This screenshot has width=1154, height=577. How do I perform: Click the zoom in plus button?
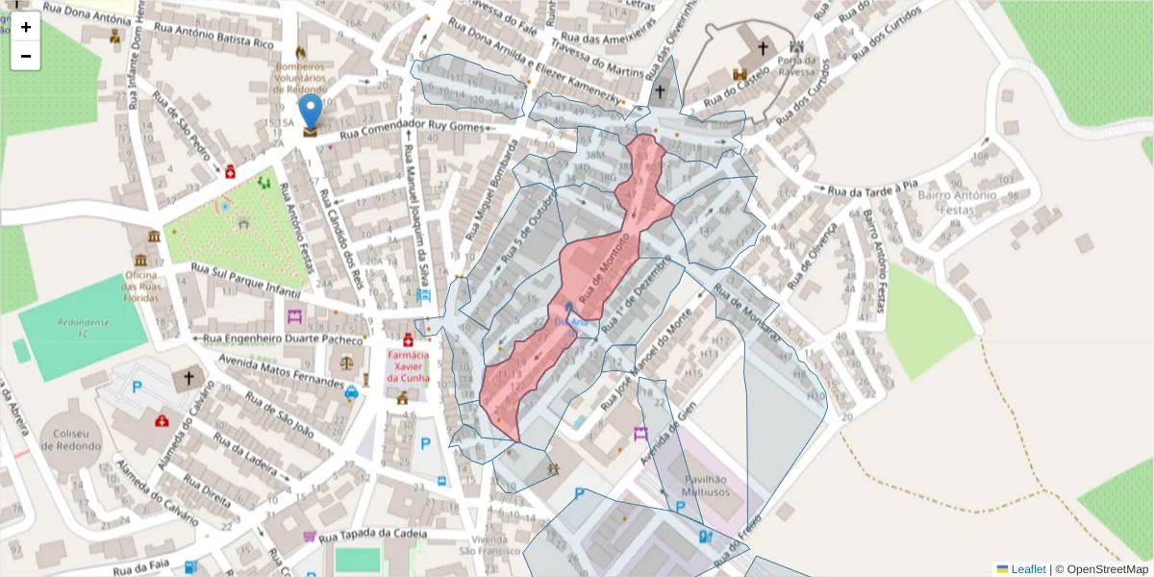point(26,26)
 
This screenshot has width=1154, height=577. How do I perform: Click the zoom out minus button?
point(26,56)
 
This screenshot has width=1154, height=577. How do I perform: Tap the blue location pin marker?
point(310,113)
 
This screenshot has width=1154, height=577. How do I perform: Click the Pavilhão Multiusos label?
point(707,486)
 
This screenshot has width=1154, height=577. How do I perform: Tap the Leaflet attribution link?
point(1028,568)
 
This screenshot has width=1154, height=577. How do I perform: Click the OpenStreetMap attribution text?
point(1101,568)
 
